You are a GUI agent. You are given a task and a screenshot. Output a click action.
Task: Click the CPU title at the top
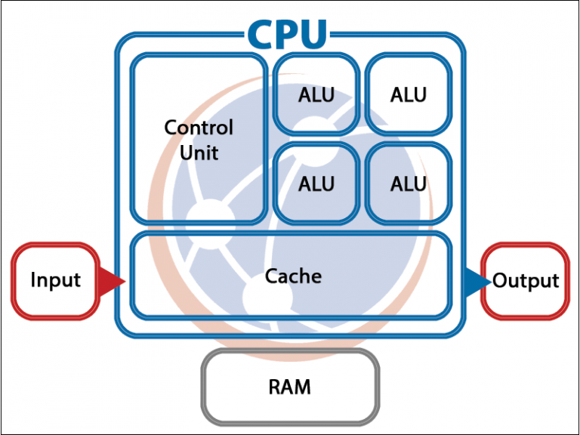click(288, 33)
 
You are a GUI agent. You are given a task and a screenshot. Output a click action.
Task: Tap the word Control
click(199, 127)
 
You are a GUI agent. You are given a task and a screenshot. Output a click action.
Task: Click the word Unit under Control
click(199, 153)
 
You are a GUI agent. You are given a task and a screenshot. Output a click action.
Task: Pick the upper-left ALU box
click(316, 94)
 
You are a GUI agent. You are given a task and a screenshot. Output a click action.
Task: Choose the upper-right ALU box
click(409, 94)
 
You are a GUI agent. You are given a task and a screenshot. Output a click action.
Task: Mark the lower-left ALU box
click(316, 183)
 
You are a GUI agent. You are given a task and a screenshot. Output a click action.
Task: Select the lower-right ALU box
click(409, 183)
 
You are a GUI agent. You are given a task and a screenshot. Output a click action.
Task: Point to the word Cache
click(293, 276)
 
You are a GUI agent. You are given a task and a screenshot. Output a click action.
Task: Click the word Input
click(55, 280)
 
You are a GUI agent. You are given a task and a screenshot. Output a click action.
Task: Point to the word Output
click(526, 281)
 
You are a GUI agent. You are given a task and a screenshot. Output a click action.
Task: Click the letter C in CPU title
click(261, 33)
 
